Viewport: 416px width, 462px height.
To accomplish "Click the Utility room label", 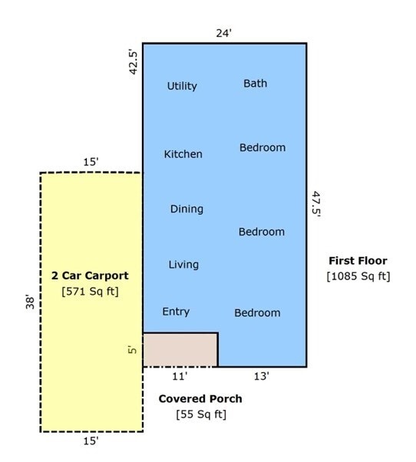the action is tap(182, 86).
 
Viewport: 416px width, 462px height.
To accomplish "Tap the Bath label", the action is tap(255, 84).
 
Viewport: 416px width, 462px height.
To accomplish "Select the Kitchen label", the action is tap(183, 154).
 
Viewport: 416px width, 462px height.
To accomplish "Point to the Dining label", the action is tap(187, 210).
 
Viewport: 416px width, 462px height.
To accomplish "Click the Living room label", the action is tap(183, 265).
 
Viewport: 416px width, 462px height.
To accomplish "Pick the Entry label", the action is tap(176, 312).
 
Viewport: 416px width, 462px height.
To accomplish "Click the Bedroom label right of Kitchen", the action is tap(262, 147).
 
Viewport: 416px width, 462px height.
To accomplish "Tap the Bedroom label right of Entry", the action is tap(257, 313).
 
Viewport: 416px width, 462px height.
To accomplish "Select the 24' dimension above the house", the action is tap(224, 33).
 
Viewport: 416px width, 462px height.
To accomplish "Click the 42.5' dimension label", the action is tap(134, 63).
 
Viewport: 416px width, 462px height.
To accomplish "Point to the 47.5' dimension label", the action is tap(316, 204).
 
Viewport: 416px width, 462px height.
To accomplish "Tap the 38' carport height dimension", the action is tap(31, 302).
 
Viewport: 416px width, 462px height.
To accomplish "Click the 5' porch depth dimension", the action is tap(133, 349).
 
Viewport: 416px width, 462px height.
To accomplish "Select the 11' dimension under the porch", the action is tap(180, 376).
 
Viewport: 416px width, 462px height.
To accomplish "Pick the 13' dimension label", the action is tap(262, 376).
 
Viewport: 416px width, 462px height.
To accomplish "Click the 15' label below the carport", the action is tap(91, 441).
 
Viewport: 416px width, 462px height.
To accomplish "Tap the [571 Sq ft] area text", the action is tap(90, 292).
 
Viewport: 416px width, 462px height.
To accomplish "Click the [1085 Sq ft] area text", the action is tap(358, 276).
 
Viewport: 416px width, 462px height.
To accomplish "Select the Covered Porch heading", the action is tap(200, 398).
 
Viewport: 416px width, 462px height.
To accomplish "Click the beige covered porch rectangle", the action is tap(180, 350).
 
